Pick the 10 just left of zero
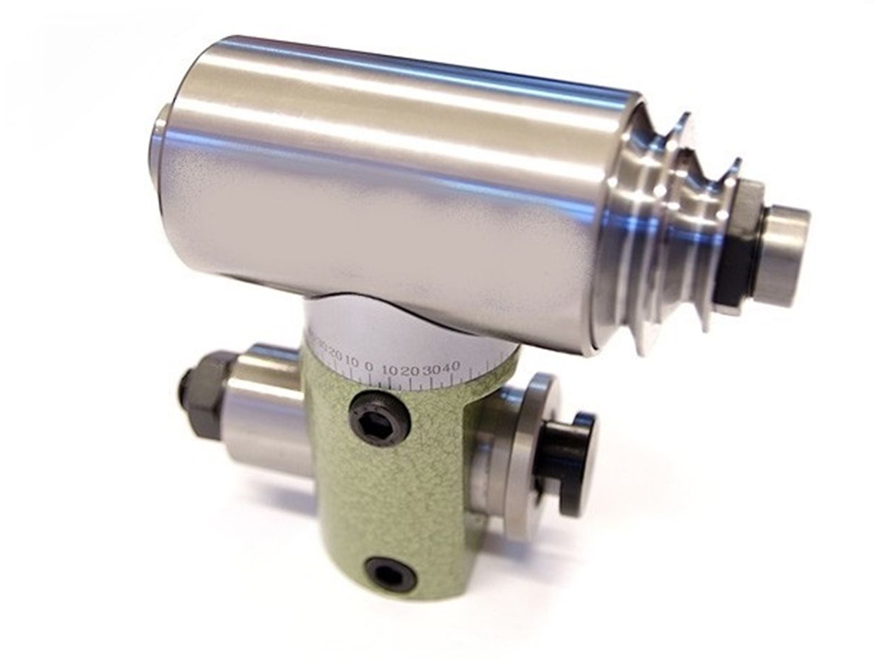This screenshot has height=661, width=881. (352, 362)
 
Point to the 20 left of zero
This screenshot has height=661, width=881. (337, 356)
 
